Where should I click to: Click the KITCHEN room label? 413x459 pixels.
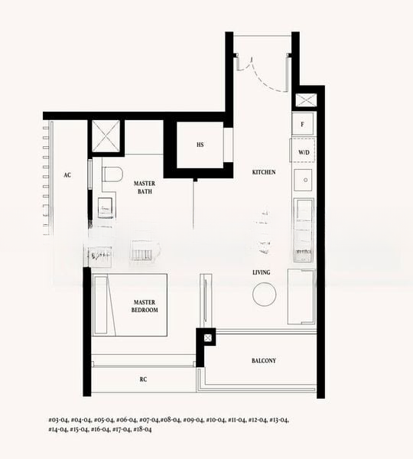tap(264, 172)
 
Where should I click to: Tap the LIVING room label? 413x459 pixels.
tap(262, 272)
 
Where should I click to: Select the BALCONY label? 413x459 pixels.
tap(263, 360)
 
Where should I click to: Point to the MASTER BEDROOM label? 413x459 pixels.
tap(144, 306)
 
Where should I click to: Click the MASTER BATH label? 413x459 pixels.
tap(144, 187)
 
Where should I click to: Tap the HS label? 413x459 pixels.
tap(200, 145)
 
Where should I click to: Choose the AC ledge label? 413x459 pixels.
tap(67, 175)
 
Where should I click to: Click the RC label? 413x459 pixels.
tap(143, 379)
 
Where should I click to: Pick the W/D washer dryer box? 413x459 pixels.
tap(304, 153)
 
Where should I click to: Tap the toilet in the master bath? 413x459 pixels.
tap(112, 175)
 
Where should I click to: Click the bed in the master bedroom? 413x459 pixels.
tap(130, 304)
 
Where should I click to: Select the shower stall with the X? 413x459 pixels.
tap(106, 136)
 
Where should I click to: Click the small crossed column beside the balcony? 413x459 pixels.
tap(206, 337)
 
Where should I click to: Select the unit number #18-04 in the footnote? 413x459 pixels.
tap(142, 430)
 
